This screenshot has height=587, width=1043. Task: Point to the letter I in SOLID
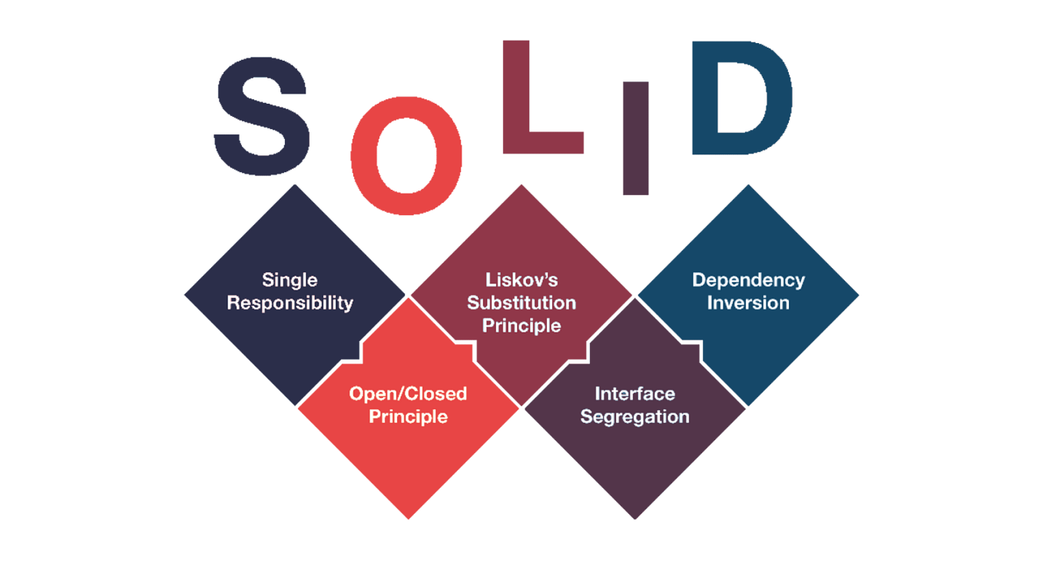pyautogui.click(x=636, y=138)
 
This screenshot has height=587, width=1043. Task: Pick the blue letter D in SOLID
pyautogui.click(x=740, y=98)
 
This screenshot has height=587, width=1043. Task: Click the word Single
pyautogui.click(x=290, y=280)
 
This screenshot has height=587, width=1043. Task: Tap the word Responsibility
pyautogui.click(x=290, y=303)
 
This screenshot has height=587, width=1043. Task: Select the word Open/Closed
pyautogui.click(x=408, y=393)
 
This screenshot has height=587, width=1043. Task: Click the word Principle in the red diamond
pyautogui.click(x=408, y=416)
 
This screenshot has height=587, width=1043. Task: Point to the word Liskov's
pyautogui.click(x=521, y=280)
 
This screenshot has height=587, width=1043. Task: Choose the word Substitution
pyautogui.click(x=521, y=303)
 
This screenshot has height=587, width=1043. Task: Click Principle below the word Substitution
pyautogui.click(x=521, y=326)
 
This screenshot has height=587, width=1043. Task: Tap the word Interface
pyautogui.click(x=634, y=393)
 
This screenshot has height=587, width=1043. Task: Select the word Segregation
pyautogui.click(x=634, y=416)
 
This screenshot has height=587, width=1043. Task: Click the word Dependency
pyautogui.click(x=748, y=280)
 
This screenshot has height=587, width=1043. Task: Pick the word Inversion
pyautogui.click(x=748, y=303)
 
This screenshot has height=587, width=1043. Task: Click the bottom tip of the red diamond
pyautogui.click(x=409, y=518)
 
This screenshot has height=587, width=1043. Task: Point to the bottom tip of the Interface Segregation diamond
pyautogui.click(x=634, y=518)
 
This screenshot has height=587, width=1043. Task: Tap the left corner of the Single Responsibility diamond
pyautogui.click(x=186, y=295)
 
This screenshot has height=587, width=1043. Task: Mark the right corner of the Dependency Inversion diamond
pyautogui.click(x=857, y=295)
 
